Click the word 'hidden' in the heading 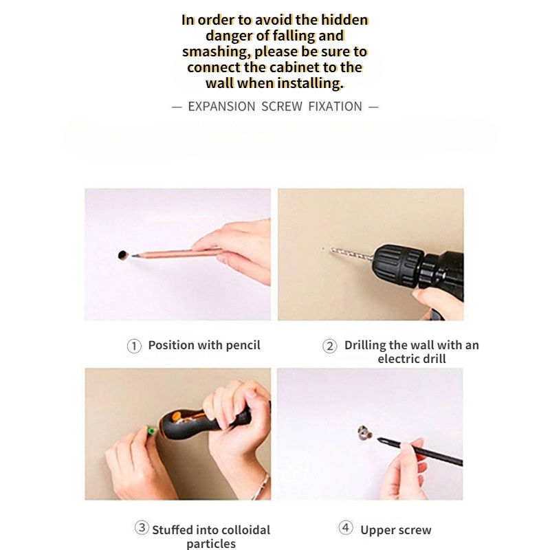tap(344, 20)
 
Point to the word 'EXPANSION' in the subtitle tap(221, 107)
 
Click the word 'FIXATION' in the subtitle tap(335, 107)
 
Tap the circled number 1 tap(134, 346)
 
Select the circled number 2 tap(330, 346)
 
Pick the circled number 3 tap(142, 527)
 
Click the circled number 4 tap(346, 527)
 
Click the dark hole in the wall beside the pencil tap(123, 255)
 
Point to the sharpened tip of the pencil tap(132, 256)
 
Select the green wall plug tap(151, 430)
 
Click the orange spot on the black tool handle tap(177, 417)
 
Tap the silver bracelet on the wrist tap(262, 487)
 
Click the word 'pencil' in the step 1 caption tap(243, 345)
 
